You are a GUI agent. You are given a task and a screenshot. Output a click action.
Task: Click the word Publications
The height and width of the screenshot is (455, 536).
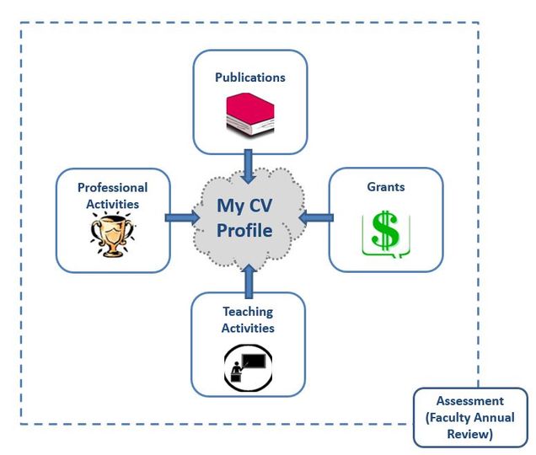[x=249, y=78]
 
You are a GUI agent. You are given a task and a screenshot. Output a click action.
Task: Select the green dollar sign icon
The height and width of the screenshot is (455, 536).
[x=384, y=233]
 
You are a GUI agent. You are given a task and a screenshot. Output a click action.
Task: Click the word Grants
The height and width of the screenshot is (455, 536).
[x=385, y=186]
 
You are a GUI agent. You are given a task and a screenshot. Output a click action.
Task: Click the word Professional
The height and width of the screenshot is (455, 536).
[x=112, y=188]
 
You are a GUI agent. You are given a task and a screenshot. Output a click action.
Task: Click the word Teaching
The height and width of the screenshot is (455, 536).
[x=248, y=313]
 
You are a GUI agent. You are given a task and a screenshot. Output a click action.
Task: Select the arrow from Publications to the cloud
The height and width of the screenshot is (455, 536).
[x=249, y=165]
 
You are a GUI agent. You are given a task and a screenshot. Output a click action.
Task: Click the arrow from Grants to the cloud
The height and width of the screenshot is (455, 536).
[x=315, y=218]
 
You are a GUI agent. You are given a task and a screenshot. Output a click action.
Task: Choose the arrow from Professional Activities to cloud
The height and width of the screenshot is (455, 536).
[x=181, y=219]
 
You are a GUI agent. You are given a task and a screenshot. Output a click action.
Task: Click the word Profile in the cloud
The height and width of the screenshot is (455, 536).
[x=244, y=230]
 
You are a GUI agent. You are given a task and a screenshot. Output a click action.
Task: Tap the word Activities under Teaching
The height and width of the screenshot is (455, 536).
[x=248, y=328]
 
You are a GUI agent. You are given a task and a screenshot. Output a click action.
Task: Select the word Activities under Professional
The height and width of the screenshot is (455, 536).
[x=112, y=203]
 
